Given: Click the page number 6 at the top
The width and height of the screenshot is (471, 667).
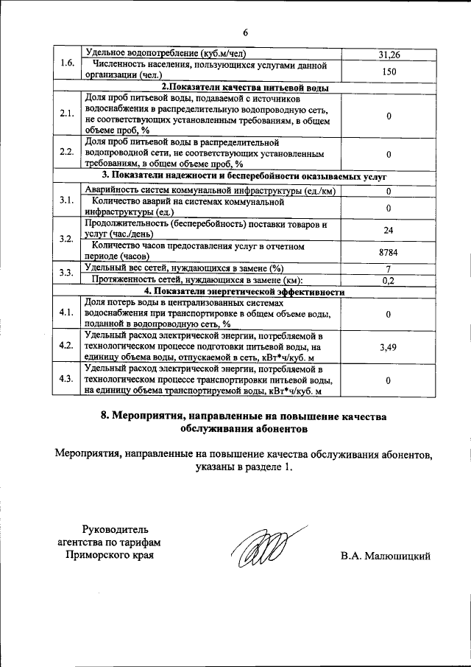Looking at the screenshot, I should pos(247,32).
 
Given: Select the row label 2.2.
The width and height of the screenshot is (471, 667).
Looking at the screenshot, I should pos(67,153).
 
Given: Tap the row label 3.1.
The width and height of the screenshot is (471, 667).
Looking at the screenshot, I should pos(67,201).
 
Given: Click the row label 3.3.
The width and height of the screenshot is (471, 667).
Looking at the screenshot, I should pos(67,273).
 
